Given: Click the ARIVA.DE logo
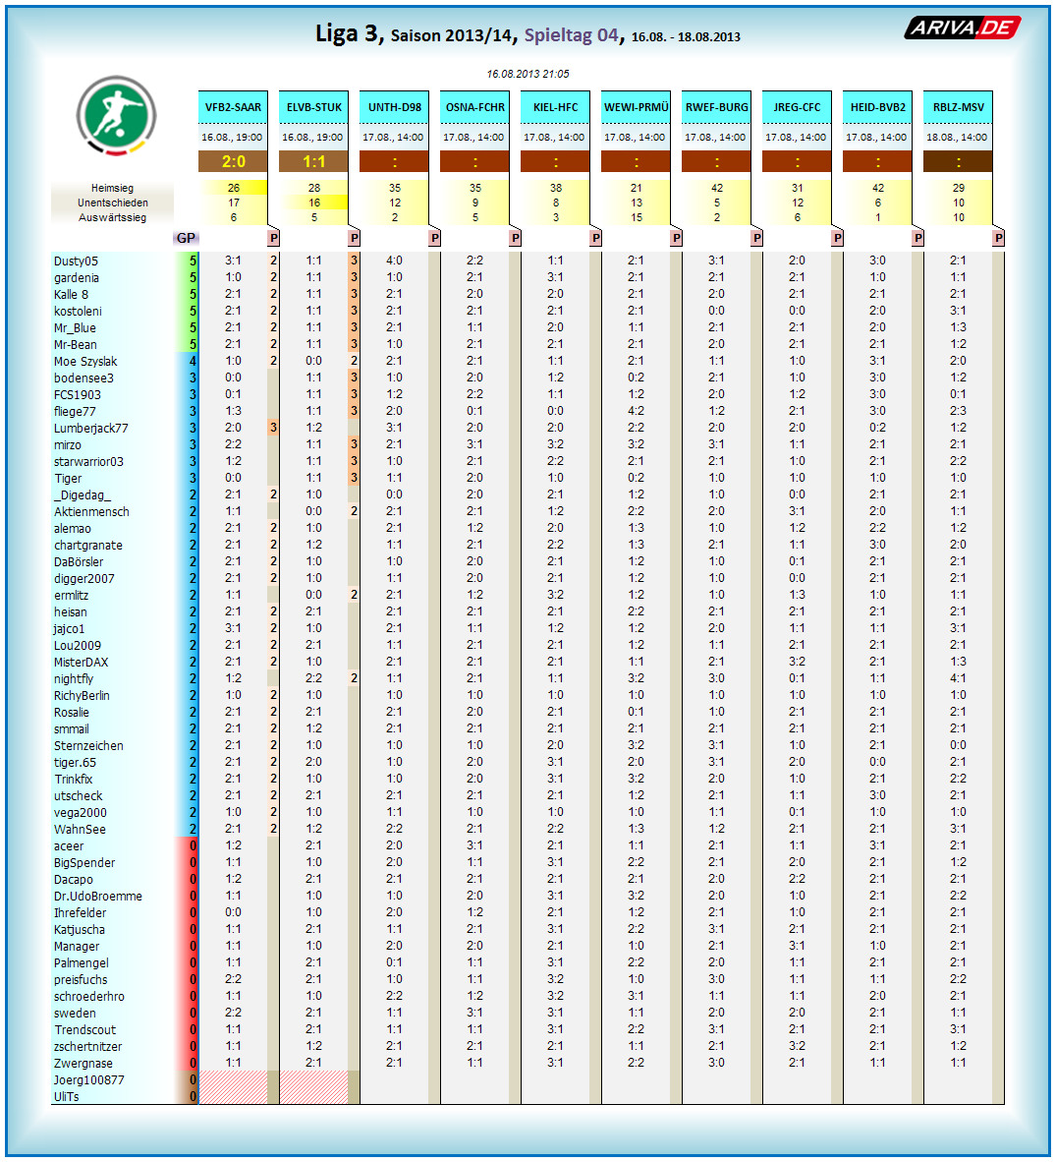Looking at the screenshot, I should pyautogui.click(x=962, y=28).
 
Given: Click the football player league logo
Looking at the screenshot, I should pyautogui.click(x=116, y=115).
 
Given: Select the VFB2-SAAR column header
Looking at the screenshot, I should pyautogui.click(x=234, y=107).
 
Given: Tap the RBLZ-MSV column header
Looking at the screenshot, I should pyautogui.click(x=958, y=107).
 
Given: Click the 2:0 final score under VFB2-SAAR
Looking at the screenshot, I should pyautogui.click(x=234, y=161).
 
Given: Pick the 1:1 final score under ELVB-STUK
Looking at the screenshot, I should pyautogui.click(x=314, y=161).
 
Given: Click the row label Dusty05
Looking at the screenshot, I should pyautogui.click(x=77, y=261).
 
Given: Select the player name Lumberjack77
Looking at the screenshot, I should pyautogui.click(x=91, y=428).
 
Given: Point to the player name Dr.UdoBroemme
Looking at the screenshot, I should pyautogui.click(x=98, y=896).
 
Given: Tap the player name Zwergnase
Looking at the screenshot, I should pyautogui.click(x=83, y=1063).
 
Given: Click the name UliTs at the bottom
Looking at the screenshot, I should pyautogui.click(x=67, y=1096).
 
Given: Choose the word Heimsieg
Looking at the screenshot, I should pyautogui.click(x=112, y=188).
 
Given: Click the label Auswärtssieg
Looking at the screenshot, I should pyautogui.click(x=112, y=217).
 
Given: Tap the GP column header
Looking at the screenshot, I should pyautogui.click(x=186, y=238).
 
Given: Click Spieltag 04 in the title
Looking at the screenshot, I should pyautogui.click(x=571, y=35).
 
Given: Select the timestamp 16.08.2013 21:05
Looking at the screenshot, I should pyautogui.click(x=528, y=74).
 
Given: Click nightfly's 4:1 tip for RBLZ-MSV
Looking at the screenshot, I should pyautogui.click(x=958, y=678).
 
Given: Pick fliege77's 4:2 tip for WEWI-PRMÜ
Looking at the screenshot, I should pyautogui.click(x=637, y=411).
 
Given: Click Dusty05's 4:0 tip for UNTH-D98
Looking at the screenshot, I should pyautogui.click(x=394, y=261).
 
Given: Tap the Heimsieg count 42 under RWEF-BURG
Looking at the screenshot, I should pyautogui.click(x=717, y=188).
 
